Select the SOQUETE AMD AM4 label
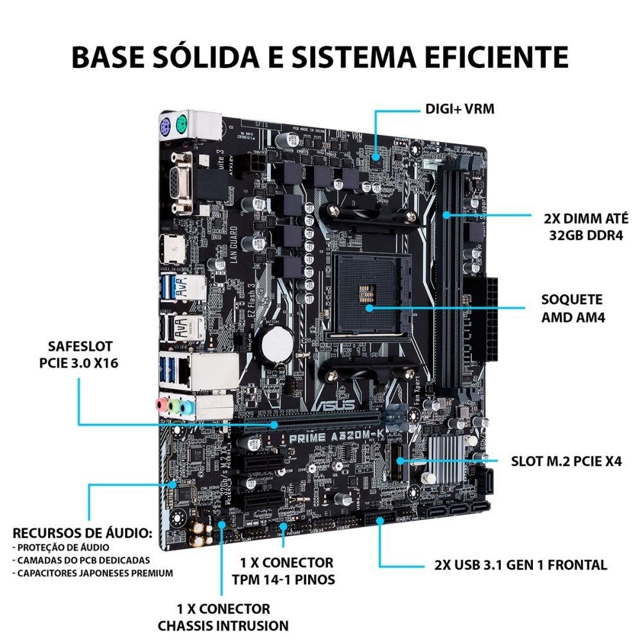571,308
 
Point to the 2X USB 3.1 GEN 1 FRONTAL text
520,565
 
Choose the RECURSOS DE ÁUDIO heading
83,533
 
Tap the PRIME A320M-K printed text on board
327,438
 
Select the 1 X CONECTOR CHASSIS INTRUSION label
223,616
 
